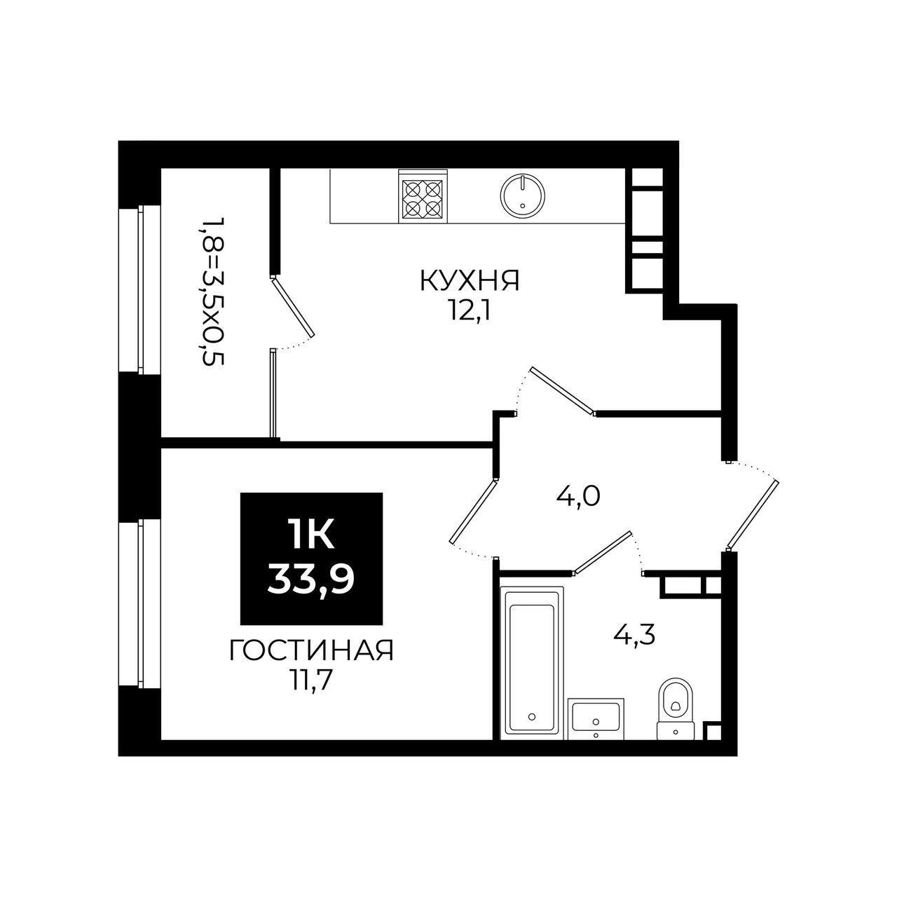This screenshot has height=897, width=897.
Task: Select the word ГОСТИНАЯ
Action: pos(312,651)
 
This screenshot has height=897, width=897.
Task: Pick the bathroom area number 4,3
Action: pos(634,635)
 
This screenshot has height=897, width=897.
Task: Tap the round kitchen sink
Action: pos(523,196)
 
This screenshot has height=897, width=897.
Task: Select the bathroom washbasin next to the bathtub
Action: pos(596,719)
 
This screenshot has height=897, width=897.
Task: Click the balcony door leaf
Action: pos(292,306)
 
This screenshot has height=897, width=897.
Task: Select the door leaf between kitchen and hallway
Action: pos(563,390)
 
